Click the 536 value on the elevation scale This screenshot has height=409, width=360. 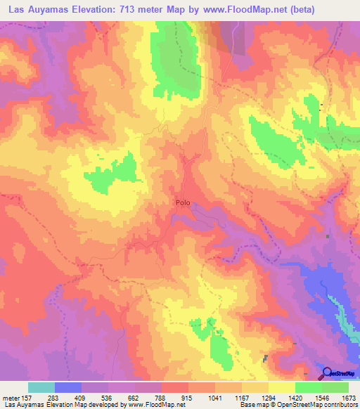(108, 398)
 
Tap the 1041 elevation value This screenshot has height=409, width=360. (215, 398)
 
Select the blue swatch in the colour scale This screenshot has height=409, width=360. (68, 387)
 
